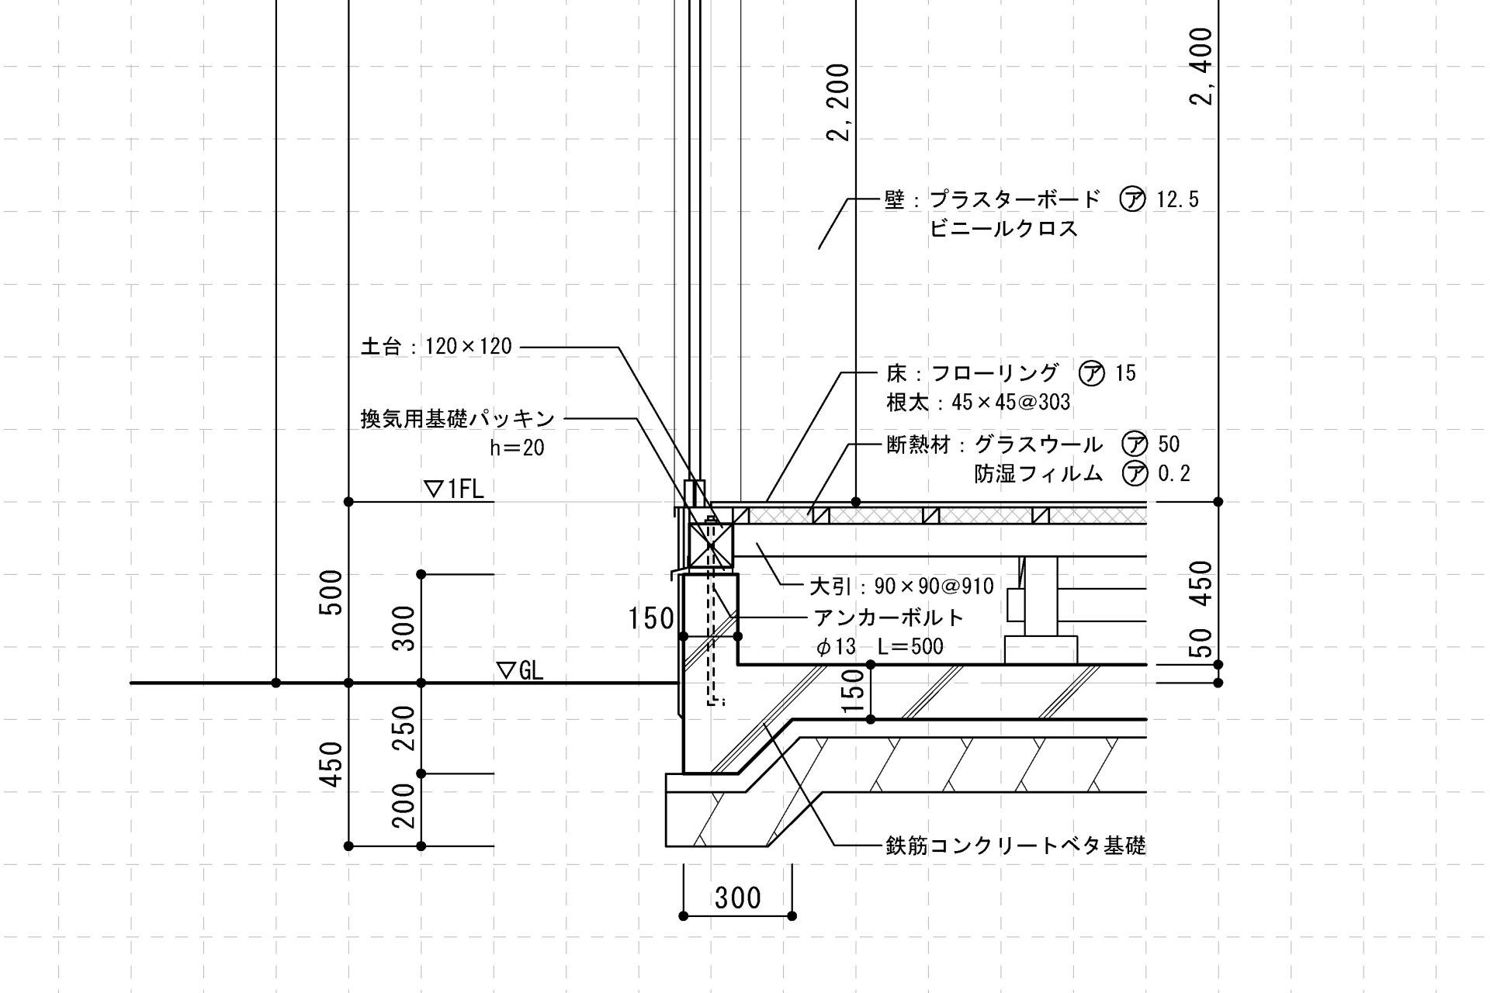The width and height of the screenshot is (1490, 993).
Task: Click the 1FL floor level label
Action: coord(455,489)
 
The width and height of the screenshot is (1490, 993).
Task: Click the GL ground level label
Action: coord(520,670)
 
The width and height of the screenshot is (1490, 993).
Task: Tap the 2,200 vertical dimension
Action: coord(839,102)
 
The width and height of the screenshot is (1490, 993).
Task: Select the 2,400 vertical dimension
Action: coord(1201,67)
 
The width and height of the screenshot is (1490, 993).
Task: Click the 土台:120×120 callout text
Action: coord(436,346)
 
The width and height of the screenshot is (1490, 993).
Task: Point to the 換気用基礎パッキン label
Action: coord(458,419)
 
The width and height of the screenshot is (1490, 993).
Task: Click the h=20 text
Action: coord(517,448)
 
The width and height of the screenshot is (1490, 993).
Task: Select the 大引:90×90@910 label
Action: coord(901,586)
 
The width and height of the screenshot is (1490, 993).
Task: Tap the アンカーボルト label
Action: coord(889,618)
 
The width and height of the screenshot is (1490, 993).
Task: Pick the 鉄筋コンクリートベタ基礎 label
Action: coord(1015,845)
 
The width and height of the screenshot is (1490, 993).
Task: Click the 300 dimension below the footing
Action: coord(737,898)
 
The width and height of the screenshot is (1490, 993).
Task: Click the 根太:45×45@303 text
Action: coord(978,402)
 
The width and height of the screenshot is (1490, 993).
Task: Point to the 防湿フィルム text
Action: coord(1038,473)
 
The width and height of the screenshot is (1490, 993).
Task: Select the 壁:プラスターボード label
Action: coord(993,199)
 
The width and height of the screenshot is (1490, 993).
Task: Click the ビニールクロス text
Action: coord(1003,229)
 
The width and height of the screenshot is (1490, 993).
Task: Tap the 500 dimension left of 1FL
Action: coord(332,592)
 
